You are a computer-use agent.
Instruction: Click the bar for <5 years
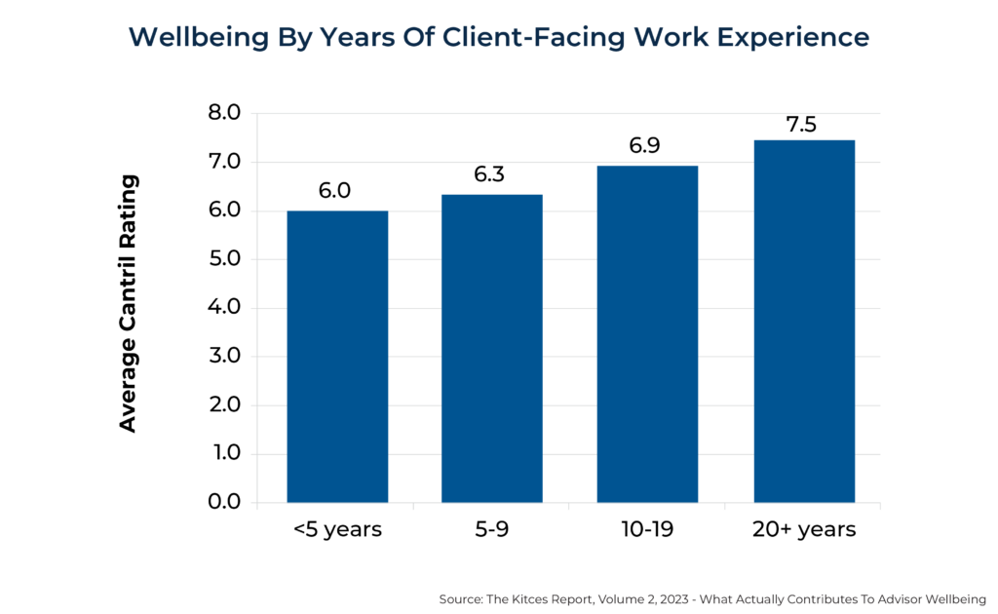click(x=337, y=357)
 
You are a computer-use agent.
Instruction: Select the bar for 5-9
click(x=492, y=349)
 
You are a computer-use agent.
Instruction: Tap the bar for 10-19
click(x=647, y=334)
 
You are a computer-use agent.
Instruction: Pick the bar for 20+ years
click(x=803, y=322)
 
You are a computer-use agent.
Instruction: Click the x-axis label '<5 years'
click(x=337, y=530)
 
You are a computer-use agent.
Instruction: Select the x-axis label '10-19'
click(x=647, y=530)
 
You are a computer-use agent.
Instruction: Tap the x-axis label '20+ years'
click(x=803, y=530)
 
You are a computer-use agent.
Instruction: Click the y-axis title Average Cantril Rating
click(x=129, y=303)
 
